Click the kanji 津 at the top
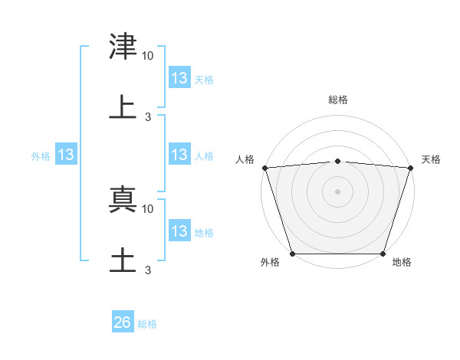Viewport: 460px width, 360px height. [x=123, y=47]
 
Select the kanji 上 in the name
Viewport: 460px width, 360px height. [x=123, y=106]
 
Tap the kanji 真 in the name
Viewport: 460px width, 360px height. [x=123, y=198]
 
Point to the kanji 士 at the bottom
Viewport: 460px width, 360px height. [x=123, y=259]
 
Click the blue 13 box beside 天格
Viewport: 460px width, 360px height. [x=179, y=78]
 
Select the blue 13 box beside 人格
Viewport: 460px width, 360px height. [x=179, y=155]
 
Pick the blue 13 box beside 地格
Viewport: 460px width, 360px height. [x=179, y=231]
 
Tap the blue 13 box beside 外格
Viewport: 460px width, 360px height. [x=66, y=155]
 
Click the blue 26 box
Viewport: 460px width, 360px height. [x=123, y=323]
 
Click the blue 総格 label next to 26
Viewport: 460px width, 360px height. [x=147, y=324]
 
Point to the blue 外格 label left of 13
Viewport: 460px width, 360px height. [x=41, y=156]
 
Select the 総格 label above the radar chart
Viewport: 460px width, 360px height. [x=338, y=100]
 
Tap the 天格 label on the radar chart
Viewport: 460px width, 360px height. [x=432, y=159]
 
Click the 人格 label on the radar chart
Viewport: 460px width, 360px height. [x=245, y=159]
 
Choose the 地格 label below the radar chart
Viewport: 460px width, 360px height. [x=402, y=263]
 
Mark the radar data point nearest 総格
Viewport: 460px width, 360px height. [x=338, y=161]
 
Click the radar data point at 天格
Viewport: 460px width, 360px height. [x=411, y=167]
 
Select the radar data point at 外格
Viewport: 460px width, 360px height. [x=293, y=254]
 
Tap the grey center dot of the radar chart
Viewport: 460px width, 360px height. [x=338, y=191]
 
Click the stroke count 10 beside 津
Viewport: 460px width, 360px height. [x=148, y=56]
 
